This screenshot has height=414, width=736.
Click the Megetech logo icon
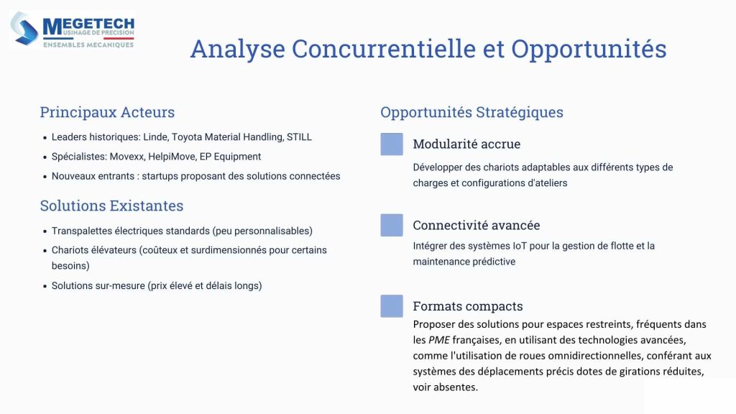click(x=25, y=29)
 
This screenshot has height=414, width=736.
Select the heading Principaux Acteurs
click(x=107, y=112)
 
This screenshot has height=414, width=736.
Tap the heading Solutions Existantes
click(x=111, y=206)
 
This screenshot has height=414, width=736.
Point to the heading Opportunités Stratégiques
click(x=471, y=112)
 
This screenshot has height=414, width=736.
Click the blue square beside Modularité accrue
click(x=392, y=144)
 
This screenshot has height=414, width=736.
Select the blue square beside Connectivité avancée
click(x=392, y=225)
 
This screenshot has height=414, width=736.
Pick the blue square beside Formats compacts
click(x=392, y=306)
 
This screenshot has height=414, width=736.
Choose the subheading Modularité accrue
click(x=466, y=144)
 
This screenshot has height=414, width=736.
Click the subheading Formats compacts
click(x=467, y=306)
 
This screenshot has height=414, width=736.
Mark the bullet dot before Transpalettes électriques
click(x=45, y=231)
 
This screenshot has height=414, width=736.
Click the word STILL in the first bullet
click(x=299, y=137)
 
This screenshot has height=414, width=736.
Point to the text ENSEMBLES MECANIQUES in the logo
click(x=88, y=45)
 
